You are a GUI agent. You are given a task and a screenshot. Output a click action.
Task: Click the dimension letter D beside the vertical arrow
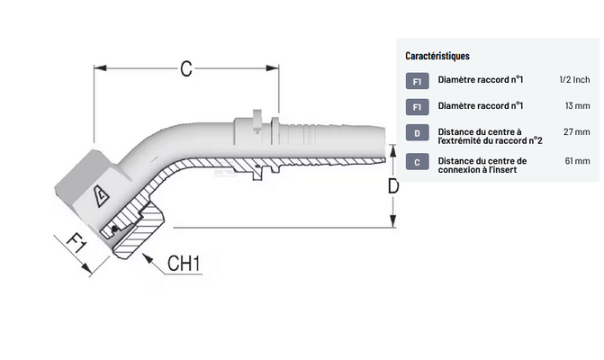click(393, 187)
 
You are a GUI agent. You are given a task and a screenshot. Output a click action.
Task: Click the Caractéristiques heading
click(437, 57)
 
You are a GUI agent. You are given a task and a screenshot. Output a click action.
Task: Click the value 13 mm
click(578, 106)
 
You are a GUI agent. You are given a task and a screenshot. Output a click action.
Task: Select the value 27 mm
click(577, 132)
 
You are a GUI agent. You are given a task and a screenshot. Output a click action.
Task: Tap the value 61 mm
click(577, 160)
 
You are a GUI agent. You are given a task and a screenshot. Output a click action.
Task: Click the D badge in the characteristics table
click(417, 133)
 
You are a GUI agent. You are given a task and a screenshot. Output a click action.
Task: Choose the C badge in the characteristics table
click(417, 161)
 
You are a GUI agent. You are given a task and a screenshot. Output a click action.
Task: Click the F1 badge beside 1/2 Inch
click(417, 81)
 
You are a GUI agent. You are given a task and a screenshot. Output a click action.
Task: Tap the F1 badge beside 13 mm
click(417, 107)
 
